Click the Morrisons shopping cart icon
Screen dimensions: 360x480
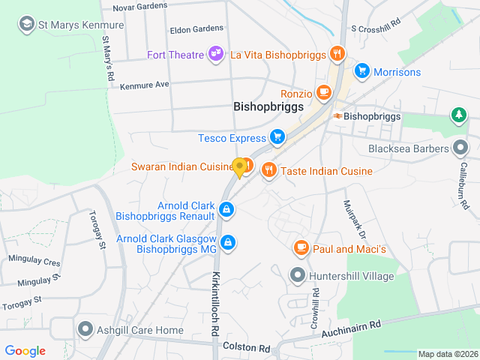[362, 71]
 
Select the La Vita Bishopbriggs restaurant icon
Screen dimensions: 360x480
[337, 53]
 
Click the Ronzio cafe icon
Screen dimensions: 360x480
[324, 93]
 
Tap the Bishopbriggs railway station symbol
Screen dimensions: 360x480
[338, 116]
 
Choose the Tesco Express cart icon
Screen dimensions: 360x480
[277, 137]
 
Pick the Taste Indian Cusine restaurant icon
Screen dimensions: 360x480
[269, 171]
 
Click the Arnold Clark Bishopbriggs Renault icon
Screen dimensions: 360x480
[226, 208]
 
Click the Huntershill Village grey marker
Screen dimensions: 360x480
[298, 275]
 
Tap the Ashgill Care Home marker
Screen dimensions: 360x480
[85, 329]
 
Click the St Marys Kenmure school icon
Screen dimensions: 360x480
[28, 24]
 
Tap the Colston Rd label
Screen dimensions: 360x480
[246, 349]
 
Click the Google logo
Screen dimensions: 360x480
[25, 350]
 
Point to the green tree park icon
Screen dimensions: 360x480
[457, 115]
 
